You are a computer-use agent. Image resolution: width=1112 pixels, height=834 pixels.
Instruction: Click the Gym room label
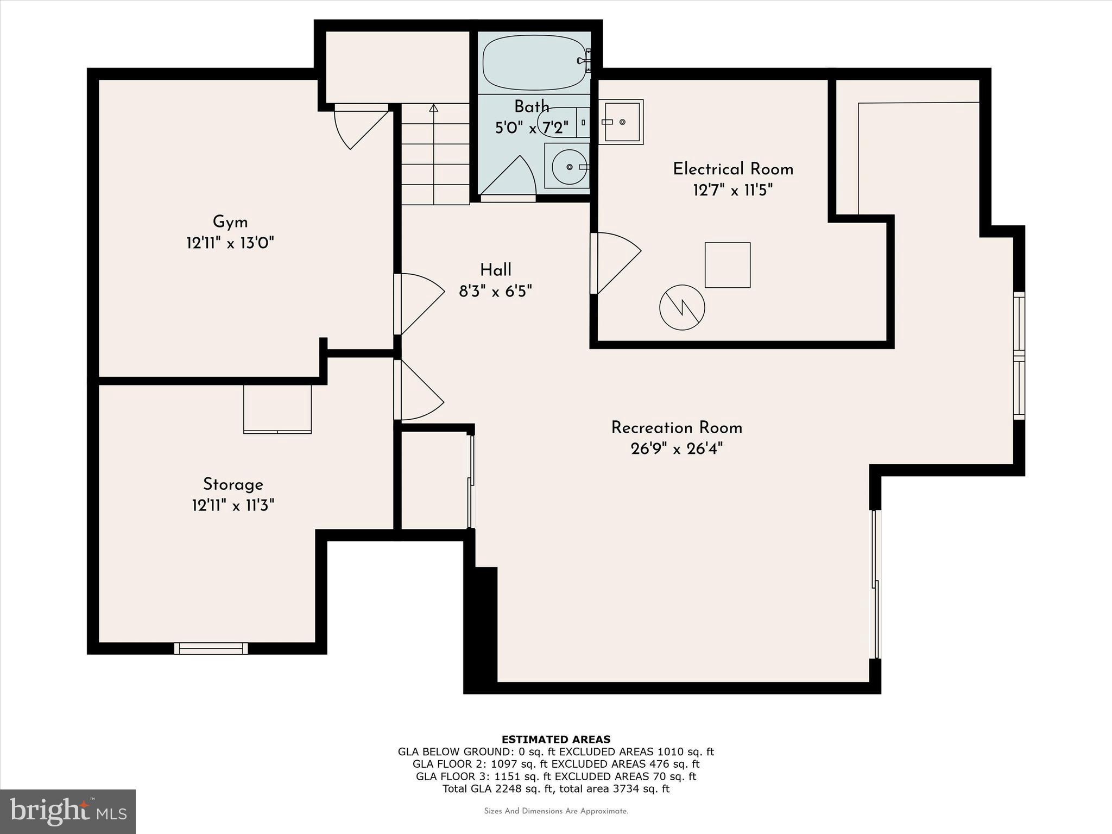230,222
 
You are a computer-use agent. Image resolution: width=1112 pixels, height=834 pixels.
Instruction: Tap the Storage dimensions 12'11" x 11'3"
233,506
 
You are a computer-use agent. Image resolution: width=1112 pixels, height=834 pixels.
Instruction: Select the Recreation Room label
677,428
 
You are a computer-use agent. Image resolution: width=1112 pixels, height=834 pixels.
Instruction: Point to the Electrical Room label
733,169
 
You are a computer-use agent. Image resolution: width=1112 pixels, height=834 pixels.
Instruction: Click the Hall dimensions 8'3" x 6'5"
495,292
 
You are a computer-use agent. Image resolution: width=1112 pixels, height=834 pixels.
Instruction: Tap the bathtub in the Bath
534,62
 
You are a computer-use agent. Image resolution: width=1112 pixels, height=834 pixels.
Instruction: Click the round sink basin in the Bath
568,167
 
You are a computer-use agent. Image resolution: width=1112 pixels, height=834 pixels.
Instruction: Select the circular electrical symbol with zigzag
682,307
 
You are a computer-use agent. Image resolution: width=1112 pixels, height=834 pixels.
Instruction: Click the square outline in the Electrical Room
728,265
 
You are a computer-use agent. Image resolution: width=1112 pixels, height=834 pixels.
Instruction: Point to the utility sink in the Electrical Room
622,122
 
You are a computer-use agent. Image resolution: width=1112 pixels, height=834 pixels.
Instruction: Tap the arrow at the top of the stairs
433,108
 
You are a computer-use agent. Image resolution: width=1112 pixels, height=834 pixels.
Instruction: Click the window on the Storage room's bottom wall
211,648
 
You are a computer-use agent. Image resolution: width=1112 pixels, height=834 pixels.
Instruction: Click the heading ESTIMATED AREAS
556,739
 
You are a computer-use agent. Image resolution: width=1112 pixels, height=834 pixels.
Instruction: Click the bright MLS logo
68,811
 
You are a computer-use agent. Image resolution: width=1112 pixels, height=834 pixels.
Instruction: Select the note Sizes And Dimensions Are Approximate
556,811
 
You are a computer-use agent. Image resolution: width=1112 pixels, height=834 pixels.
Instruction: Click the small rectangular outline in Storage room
277,409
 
